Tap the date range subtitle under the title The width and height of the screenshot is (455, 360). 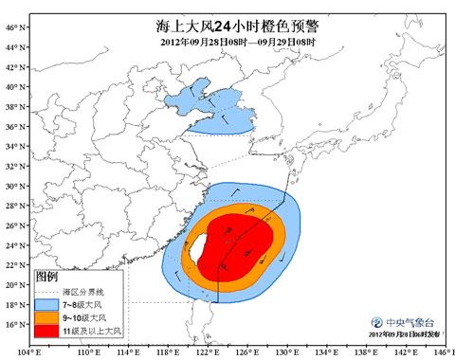(x=227, y=44)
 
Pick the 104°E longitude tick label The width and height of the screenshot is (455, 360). (x=29, y=352)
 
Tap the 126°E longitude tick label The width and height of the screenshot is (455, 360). (x=251, y=352)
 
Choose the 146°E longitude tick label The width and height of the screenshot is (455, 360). (x=438, y=352)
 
